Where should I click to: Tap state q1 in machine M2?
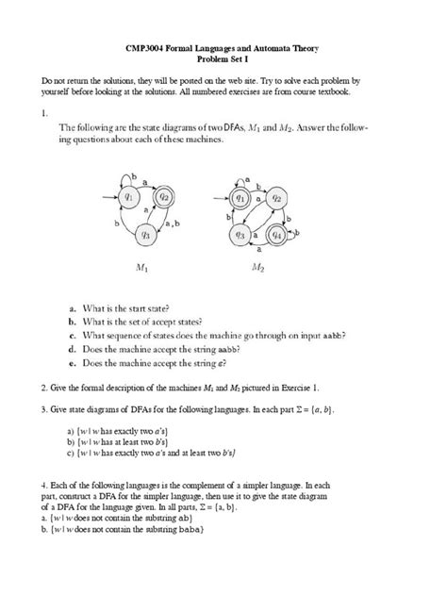pyautogui.click(x=242, y=199)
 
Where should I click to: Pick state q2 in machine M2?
pyautogui.click(x=277, y=199)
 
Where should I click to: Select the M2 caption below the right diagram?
pyautogui.click(x=259, y=268)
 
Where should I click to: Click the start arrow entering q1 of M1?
pyautogui.click(x=106, y=198)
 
